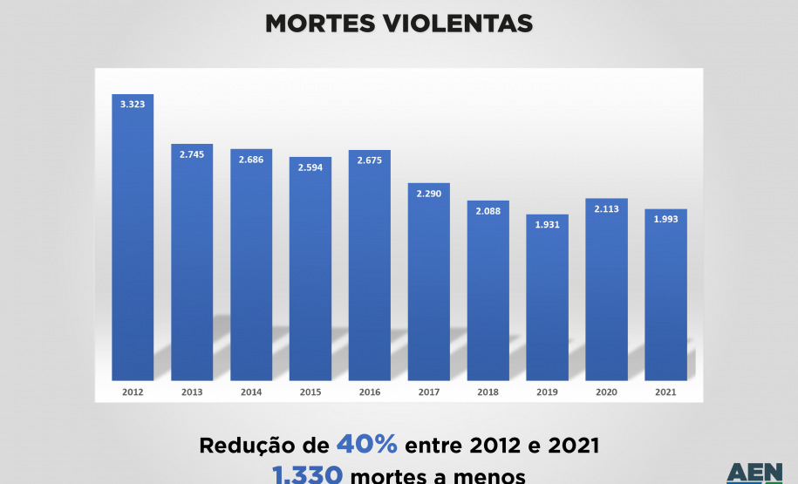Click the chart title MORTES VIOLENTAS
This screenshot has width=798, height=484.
pos(399,24)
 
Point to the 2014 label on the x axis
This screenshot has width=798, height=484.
pos(251,393)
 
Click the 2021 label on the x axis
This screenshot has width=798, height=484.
pos(666,393)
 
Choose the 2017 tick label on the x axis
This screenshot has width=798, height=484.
pos(429,393)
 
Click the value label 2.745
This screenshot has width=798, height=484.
pos(192,154)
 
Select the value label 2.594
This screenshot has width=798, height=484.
pos(310,167)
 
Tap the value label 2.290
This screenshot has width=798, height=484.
pos(429,194)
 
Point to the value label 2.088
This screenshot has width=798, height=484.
pos(488,211)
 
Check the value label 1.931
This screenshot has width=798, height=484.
pos(548,225)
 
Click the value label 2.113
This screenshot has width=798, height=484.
pos(607,209)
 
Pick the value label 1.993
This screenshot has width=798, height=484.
pos(666,219)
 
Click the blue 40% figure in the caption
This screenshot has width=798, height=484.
pos(367,445)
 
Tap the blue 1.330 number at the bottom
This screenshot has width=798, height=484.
pos(306,475)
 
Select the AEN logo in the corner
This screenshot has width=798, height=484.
pos(754,474)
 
